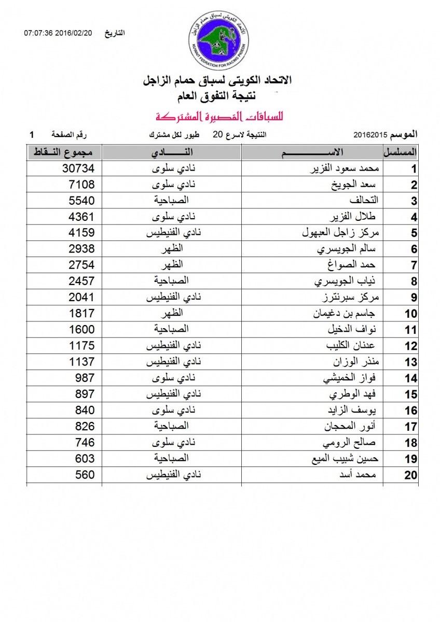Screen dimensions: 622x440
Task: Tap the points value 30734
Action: point(77,168)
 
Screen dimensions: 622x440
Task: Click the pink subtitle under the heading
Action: point(216,115)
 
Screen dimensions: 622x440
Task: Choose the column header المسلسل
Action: point(400,152)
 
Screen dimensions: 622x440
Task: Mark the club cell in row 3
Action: point(172,200)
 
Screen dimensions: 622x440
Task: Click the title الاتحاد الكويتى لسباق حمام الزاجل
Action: point(217,81)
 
